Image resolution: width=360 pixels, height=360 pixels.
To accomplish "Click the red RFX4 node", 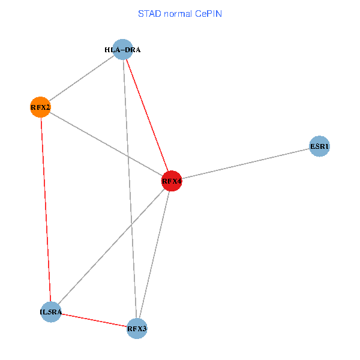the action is pyautogui.click(x=172, y=181).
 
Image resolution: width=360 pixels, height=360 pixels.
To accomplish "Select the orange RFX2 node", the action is pyautogui.click(x=40, y=107).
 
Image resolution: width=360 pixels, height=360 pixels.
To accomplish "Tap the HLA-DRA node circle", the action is pyautogui.click(x=122, y=50).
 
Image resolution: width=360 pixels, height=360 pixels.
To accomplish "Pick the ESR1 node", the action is pyautogui.click(x=320, y=146).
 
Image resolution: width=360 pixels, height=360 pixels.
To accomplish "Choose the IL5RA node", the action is pyautogui.click(x=51, y=312).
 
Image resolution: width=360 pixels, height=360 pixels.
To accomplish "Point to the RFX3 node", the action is pyautogui.click(x=137, y=328).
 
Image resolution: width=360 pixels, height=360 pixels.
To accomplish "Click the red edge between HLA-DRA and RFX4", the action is pyautogui.click(x=147, y=115).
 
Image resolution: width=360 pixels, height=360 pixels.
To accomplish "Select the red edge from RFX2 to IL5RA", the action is pyautogui.click(x=46, y=210).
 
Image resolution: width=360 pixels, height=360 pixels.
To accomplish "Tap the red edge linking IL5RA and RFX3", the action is pyautogui.click(x=94, y=320).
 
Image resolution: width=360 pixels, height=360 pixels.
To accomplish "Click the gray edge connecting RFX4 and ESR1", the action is pyautogui.click(x=246, y=163).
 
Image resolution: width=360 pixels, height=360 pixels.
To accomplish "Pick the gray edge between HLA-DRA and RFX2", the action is pyautogui.click(x=81, y=79).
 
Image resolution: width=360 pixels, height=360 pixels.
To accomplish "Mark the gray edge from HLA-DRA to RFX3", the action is pyautogui.click(x=130, y=189).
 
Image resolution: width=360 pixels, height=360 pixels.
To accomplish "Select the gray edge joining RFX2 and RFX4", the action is pyautogui.click(x=106, y=144).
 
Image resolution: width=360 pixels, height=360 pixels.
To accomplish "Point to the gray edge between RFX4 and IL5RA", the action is pyautogui.click(x=111, y=246).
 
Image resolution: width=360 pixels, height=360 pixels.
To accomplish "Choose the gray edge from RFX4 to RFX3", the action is pyautogui.click(x=154, y=254).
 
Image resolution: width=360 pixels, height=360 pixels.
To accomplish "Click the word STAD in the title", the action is pyautogui.click(x=148, y=13).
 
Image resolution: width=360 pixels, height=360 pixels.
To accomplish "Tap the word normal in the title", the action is pyautogui.click(x=179, y=13).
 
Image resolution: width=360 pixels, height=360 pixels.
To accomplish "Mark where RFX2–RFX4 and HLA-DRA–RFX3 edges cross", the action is pyautogui.click(x=127, y=156).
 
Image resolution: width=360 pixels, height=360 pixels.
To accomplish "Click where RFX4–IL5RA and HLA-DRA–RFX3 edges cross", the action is pyautogui.click(x=131, y=224).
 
